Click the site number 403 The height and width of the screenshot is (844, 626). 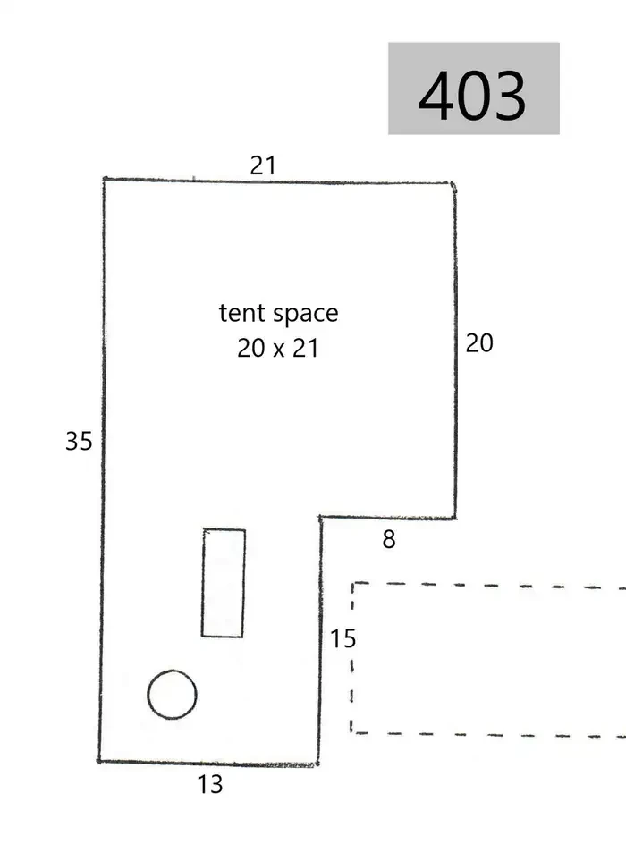[471, 96]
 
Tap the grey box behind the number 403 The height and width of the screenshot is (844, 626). [474, 89]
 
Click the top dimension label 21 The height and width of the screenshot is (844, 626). [263, 165]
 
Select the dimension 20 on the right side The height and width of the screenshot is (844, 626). [479, 343]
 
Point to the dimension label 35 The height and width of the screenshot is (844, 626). [79, 442]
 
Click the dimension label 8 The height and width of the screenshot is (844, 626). [389, 539]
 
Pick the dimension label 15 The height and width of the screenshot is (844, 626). [343, 639]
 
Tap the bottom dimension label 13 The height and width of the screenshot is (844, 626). [210, 785]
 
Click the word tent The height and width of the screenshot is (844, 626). [241, 313]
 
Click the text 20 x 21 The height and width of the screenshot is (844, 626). [278, 349]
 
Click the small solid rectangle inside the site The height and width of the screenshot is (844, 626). [224, 583]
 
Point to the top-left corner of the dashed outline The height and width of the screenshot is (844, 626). [353, 583]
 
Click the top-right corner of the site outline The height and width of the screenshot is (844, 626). [453, 184]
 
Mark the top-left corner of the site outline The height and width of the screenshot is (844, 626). [104, 179]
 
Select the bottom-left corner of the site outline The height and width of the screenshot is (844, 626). [99, 761]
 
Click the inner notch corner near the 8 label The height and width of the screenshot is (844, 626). [321, 518]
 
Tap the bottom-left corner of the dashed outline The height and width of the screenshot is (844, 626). [351, 732]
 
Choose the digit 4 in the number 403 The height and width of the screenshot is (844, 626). [436, 96]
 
